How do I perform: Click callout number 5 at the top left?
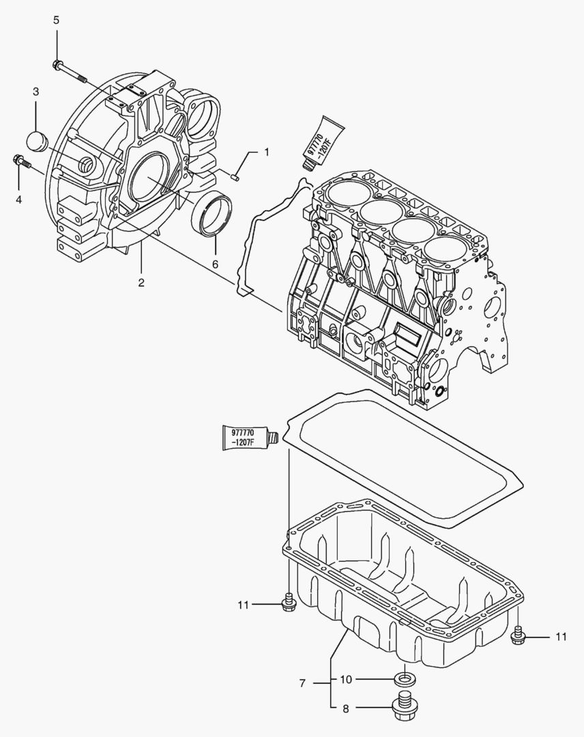(57, 20)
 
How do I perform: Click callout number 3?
(36, 91)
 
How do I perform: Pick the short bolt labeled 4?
(22, 162)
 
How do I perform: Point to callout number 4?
(19, 199)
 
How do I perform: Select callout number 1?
(267, 151)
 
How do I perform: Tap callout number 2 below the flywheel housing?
(141, 283)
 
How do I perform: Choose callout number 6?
(216, 263)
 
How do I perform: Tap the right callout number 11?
(560, 637)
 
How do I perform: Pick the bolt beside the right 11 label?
(519, 635)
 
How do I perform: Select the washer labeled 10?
(405, 679)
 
